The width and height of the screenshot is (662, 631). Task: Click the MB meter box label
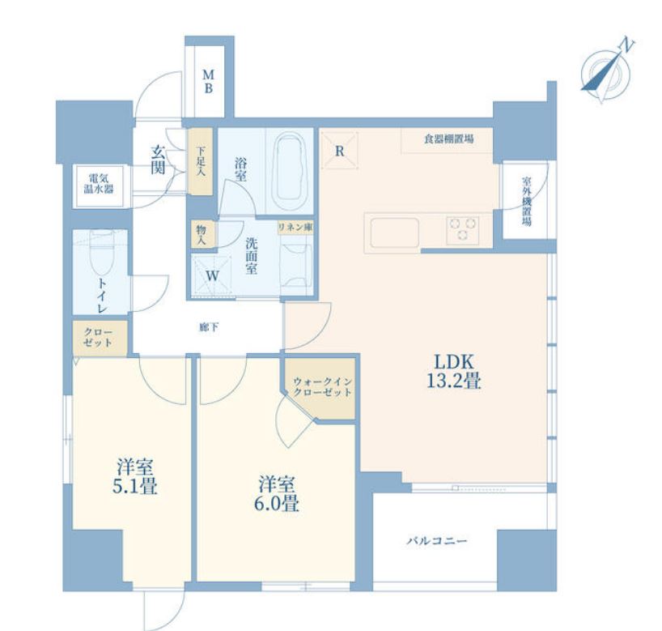tap(208, 82)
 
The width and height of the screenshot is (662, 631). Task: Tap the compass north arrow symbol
tap(607, 70)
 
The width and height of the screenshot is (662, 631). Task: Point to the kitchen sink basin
tap(395, 232)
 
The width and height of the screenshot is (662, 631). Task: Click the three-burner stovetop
tap(463, 230)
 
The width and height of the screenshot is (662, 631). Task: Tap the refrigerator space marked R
tap(339, 151)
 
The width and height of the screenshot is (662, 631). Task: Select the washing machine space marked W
tap(211, 275)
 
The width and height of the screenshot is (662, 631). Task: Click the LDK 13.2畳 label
tap(454, 371)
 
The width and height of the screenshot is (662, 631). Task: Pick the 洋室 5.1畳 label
tap(134, 476)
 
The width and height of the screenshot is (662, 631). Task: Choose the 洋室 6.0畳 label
tap(277, 493)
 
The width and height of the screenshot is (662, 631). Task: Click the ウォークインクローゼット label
tap(322, 386)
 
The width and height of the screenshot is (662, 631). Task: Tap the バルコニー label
tap(437, 541)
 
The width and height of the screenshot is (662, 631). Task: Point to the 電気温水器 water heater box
tap(99, 186)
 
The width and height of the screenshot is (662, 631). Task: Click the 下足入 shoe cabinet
tap(201, 161)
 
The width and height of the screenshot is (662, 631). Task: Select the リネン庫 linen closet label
tap(295, 227)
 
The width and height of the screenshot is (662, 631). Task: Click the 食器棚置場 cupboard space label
tap(448, 139)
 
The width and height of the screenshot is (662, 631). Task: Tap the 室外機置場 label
tap(527, 201)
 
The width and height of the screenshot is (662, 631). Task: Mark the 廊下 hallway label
tap(209, 327)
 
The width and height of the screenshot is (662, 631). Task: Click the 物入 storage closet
tap(202, 234)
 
